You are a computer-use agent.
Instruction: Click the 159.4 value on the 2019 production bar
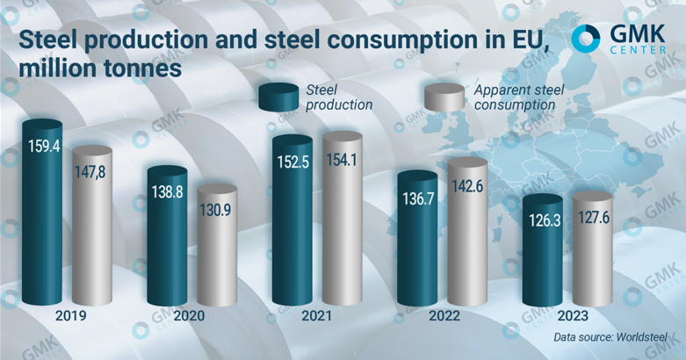point(45,147)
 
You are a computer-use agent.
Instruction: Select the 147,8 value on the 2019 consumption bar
point(92,172)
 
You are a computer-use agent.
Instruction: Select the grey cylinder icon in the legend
point(444,97)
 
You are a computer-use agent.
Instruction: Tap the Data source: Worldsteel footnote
point(611,337)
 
